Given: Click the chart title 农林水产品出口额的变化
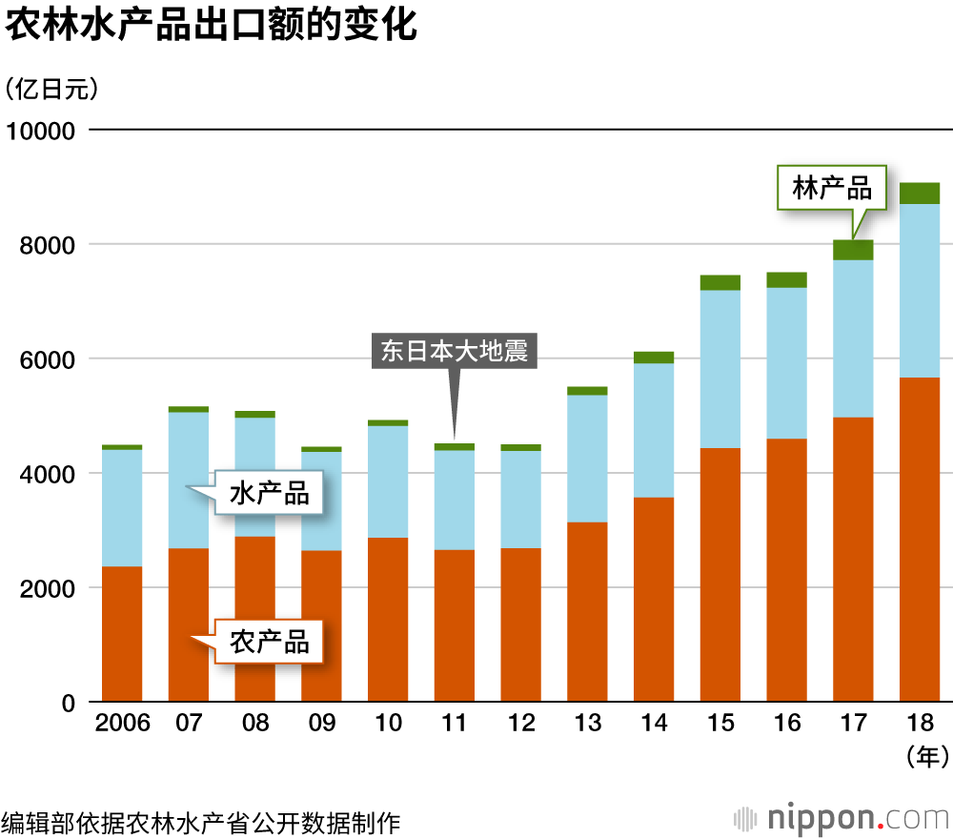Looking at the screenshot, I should (212, 26).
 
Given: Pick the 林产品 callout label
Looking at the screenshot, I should (832, 188).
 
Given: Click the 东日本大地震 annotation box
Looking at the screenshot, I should (454, 350).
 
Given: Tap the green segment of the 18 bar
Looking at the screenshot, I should (920, 193).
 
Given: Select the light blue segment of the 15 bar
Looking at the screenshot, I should (720, 369).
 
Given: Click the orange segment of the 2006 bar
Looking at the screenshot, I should (122, 634).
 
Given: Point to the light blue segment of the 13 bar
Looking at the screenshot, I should (588, 459).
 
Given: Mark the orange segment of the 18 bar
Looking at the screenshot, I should (920, 540).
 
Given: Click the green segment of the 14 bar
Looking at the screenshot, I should (654, 358).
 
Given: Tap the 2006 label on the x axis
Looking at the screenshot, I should (122, 724).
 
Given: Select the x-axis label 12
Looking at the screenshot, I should (521, 724).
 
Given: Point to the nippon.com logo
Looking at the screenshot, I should (842, 818).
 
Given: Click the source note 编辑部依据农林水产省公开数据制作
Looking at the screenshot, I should (201, 820).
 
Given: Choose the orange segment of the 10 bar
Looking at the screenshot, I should (388, 620).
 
